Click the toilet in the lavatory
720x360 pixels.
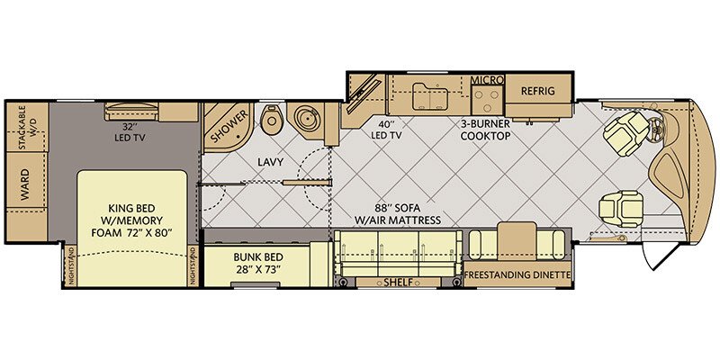[270, 118]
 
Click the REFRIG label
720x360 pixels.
[537, 91]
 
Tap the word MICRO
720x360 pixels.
[487, 80]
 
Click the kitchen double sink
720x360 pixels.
[430, 97]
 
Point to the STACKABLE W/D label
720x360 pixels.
[27, 127]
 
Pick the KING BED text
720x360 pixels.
[131, 207]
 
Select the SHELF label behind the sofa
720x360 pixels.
[398, 283]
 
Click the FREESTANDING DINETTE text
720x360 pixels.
[517, 275]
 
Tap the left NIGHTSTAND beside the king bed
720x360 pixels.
[71, 266]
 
